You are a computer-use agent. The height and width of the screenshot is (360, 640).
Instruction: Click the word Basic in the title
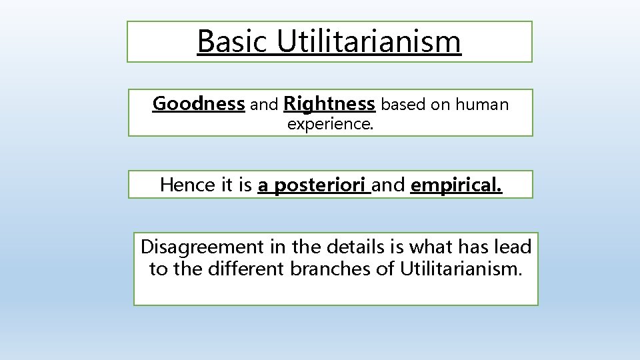[233, 41]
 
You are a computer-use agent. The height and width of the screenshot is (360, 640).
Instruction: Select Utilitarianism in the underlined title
[369, 41]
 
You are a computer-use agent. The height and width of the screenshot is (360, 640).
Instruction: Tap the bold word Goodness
[199, 105]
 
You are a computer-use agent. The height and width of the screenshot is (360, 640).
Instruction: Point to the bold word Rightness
[329, 105]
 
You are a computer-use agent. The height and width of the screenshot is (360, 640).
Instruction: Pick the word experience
[330, 123]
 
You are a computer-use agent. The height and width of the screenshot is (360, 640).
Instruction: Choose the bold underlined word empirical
[457, 185]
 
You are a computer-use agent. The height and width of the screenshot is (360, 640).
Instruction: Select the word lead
[513, 247]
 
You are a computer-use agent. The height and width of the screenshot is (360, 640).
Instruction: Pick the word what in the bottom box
[431, 247]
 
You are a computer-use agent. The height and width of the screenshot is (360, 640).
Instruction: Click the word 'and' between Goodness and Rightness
[264, 105]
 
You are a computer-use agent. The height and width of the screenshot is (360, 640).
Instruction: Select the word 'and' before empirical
[389, 185]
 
